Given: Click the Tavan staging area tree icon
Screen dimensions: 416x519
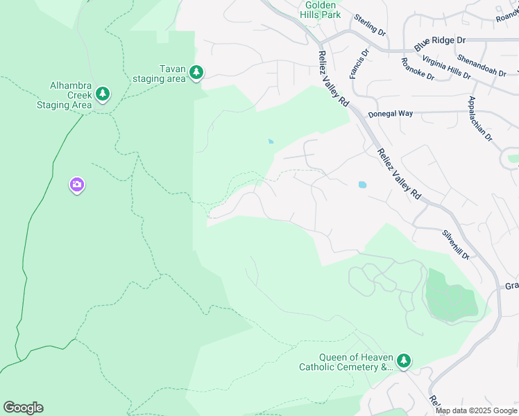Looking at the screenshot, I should (x=196, y=72).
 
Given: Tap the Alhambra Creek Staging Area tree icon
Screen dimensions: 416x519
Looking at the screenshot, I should (x=103, y=94).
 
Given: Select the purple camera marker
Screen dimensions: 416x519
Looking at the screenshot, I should (x=76, y=185).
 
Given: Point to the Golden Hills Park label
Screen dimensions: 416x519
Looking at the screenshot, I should (x=322, y=10).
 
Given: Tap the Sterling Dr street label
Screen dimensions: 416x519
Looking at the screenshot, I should (x=369, y=25).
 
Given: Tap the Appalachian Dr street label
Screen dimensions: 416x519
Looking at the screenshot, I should (x=480, y=119).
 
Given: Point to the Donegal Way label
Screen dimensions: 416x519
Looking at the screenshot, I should (x=390, y=113).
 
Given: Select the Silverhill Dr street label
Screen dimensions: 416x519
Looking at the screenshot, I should (x=456, y=245).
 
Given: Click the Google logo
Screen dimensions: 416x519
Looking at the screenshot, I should (x=23, y=408).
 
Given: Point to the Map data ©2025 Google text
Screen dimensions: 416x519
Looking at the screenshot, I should (x=476, y=410).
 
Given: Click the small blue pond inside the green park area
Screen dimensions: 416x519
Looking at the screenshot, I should (x=270, y=142).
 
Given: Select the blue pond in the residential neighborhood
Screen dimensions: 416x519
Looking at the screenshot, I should (x=361, y=185).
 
